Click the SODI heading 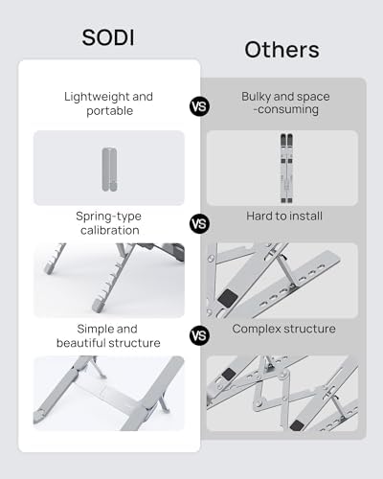tap(108, 37)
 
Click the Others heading tap(282, 50)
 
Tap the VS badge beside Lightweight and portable tap(199, 106)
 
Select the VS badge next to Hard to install tap(199, 224)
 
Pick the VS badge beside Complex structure tap(199, 336)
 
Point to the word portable tap(109, 111)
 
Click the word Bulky tap(256, 97)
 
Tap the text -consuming tap(286, 109)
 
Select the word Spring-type tap(108, 217)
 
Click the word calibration tap(110, 230)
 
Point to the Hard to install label tap(284, 217)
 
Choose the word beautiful tap(81, 343)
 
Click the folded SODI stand tap(109, 170)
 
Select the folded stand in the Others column tap(286, 169)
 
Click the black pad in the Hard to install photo tap(228, 299)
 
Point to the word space tap(314, 97)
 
